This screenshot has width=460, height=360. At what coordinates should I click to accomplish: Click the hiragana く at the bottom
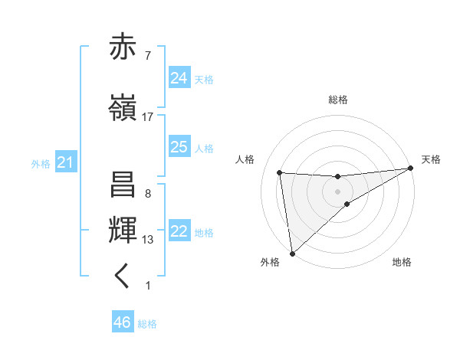(x=123, y=277)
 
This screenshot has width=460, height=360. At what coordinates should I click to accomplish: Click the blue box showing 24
(x=179, y=77)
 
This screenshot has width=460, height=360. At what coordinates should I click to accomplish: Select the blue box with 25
(x=179, y=146)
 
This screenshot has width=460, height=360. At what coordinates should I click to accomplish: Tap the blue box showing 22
(x=179, y=231)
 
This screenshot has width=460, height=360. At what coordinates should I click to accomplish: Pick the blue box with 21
(x=65, y=162)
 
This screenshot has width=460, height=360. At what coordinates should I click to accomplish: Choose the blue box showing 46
(x=123, y=322)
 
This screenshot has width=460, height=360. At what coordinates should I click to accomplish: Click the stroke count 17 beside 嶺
(x=147, y=117)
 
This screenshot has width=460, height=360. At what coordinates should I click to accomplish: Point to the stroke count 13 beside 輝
(x=147, y=240)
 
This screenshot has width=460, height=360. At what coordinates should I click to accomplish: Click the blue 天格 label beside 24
(x=203, y=79)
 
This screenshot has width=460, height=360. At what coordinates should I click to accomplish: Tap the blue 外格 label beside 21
(x=41, y=163)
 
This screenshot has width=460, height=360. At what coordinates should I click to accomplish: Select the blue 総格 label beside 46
(x=147, y=324)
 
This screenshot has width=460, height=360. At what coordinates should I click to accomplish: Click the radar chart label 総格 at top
(x=337, y=100)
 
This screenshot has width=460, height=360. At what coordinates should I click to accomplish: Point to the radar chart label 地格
(x=402, y=263)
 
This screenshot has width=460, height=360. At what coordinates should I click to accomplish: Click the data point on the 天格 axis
(x=411, y=169)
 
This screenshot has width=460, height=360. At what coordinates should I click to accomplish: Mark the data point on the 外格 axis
(x=292, y=253)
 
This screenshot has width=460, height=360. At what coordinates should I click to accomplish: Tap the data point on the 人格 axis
(x=280, y=172)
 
